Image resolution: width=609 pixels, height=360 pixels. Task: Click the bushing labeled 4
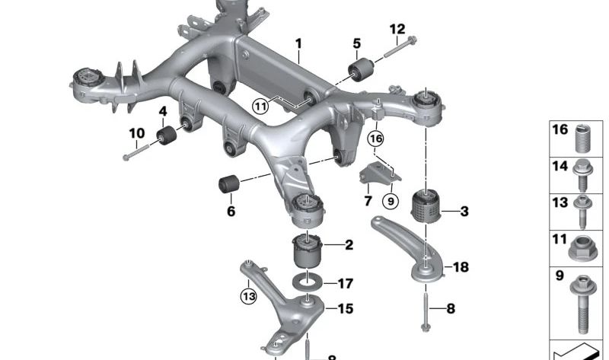[167, 137]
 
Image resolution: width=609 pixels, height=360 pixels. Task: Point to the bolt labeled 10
[135, 153]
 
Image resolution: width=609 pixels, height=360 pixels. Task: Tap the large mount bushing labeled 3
[425, 205]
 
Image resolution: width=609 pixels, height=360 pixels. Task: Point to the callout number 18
[461, 267]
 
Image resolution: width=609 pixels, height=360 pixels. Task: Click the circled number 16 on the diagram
[375, 139]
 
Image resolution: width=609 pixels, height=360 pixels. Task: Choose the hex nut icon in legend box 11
[582, 246]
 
